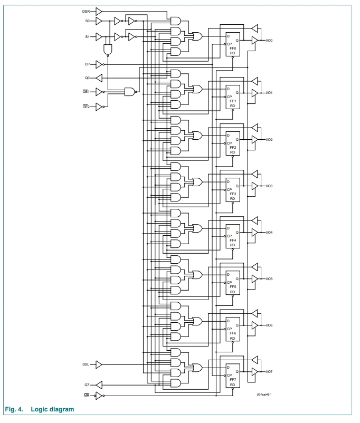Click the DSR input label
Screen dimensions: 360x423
[86, 12]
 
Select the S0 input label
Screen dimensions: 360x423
[87, 21]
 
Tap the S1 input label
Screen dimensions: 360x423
[87, 37]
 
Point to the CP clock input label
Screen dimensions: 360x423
[87, 64]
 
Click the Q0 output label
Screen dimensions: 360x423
[87, 78]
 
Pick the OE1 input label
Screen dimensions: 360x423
[86, 91]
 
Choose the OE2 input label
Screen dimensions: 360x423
[86, 107]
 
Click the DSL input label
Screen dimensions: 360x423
[86, 364]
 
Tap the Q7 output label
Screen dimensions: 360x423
[87, 385]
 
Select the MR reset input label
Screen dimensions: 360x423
[87, 395]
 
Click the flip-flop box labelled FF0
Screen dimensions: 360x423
[233, 44]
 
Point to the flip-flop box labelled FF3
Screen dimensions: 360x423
[233, 190]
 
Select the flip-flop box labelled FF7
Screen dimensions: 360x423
[233, 376]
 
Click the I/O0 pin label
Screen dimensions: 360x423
[269, 41]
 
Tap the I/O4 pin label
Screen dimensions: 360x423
[269, 232]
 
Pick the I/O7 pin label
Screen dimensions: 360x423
[269, 371]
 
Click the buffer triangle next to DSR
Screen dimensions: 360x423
[99, 12]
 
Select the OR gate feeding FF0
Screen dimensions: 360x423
[197, 36]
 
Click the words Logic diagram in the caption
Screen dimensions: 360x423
[52, 409]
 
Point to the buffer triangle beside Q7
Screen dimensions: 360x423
[99, 385]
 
